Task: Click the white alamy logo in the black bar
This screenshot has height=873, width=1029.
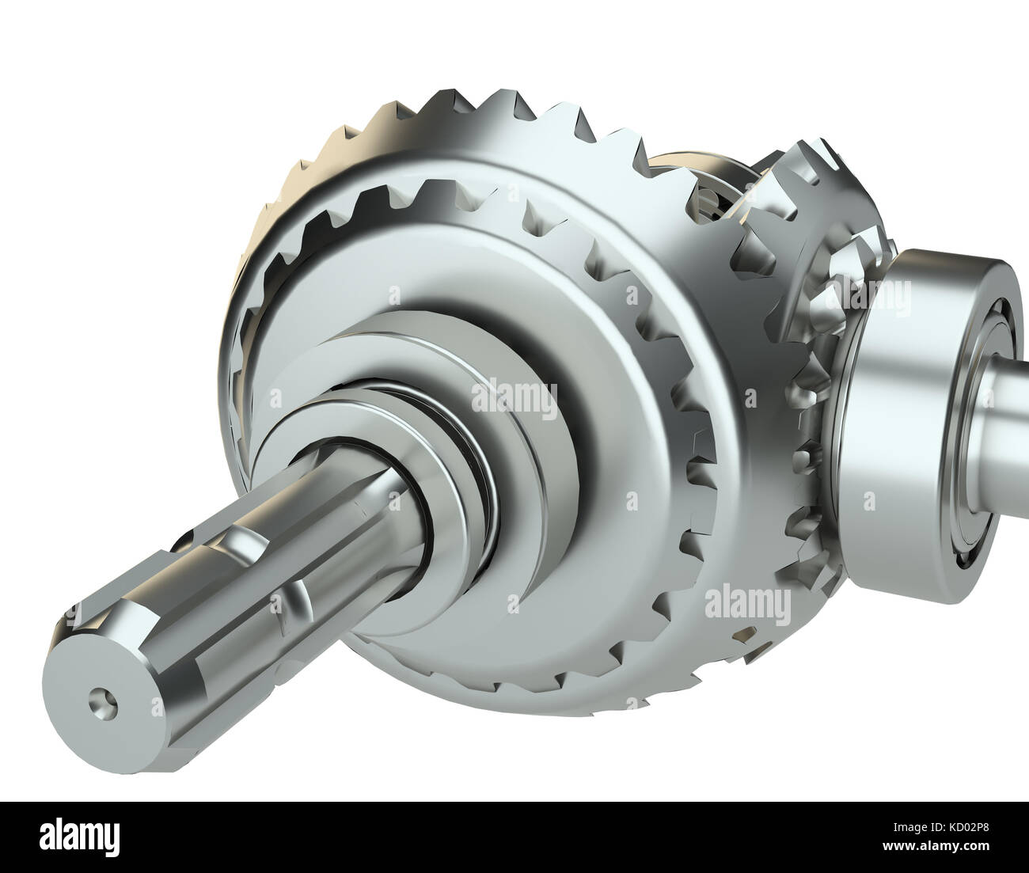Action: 82,837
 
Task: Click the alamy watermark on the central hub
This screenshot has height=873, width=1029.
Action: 514,396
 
